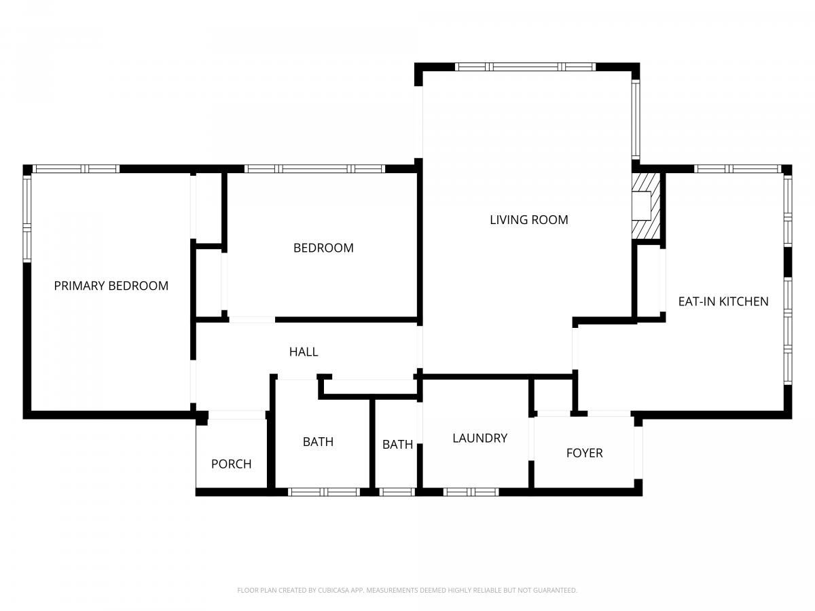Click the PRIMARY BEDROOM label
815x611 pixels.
111,286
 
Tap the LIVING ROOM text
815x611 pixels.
528,219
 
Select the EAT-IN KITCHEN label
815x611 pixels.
723,301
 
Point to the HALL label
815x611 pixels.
304,352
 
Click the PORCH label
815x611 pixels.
232,464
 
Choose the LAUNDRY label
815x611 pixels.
479,438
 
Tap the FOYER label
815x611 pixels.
585,453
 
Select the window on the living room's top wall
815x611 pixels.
526,67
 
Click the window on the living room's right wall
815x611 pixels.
636,120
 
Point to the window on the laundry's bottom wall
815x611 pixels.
471,492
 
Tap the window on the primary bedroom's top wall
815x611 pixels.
76,169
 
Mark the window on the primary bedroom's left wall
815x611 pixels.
27,219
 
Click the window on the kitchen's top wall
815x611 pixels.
738,169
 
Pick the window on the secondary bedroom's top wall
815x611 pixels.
315,169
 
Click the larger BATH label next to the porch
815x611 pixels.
318,442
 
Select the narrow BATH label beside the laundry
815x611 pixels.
398,445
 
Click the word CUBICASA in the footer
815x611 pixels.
333,590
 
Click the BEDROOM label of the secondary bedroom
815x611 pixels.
323,248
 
